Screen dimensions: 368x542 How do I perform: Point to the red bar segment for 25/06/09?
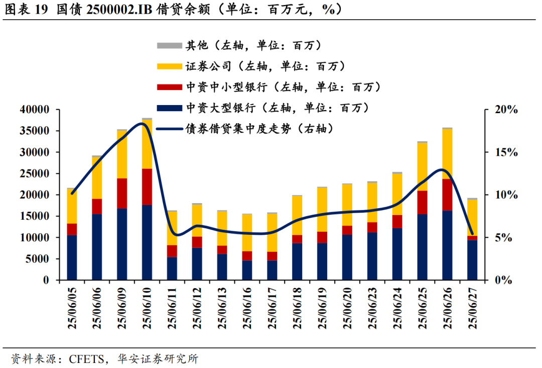tap(122, 194)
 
